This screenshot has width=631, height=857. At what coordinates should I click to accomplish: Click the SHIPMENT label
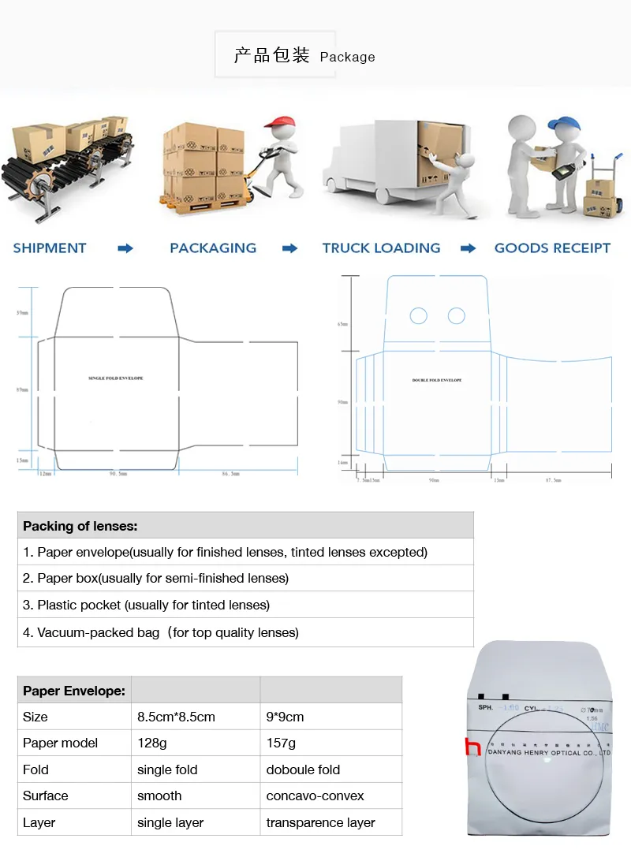49,248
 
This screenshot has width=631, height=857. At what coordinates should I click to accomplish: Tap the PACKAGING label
213,248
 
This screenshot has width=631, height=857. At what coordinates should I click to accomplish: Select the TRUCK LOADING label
381,248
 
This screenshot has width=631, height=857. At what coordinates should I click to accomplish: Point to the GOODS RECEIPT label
552,248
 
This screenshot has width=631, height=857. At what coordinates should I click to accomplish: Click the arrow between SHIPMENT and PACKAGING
125,248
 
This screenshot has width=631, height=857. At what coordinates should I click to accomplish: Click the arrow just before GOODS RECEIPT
469,248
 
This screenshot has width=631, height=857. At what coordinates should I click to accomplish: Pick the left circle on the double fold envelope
419,316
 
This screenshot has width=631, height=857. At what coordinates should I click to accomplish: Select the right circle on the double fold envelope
457,316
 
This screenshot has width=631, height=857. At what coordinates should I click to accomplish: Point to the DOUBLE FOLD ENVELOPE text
437,381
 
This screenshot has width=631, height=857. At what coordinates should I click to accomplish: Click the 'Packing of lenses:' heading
80,526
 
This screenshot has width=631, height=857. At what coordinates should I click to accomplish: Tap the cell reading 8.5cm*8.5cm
176,717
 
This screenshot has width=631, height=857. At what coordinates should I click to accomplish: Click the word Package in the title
347,57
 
